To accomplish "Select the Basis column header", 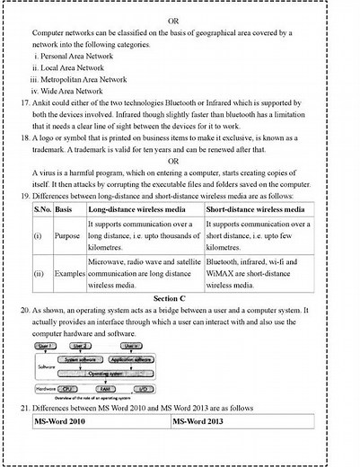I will pyautogui.click(x=66, y=208).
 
